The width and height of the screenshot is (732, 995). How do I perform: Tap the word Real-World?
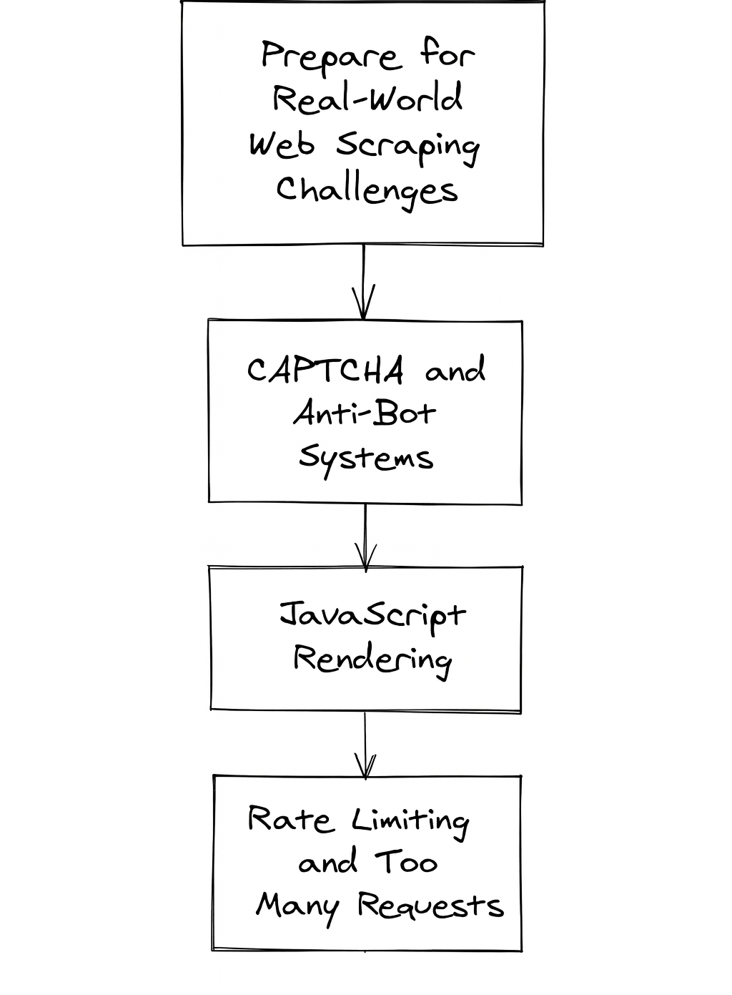(x=367, y=99)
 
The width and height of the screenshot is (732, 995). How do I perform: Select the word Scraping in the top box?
(x=407, y=146)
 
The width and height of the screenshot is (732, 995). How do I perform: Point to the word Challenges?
(x=367, y=190)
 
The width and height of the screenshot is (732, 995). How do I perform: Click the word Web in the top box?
(x=282, y=144)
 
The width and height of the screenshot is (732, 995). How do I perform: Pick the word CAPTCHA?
(x=325, y=371)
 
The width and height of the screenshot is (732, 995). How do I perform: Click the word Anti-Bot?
(x=364, y=413)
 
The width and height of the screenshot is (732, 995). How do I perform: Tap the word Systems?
(x=365, y=457)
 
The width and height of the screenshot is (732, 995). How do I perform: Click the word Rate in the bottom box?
(x=290, y=819)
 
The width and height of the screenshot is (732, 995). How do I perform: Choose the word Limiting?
(x=410, y=821)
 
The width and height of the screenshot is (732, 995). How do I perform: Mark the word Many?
(x=297, y=907)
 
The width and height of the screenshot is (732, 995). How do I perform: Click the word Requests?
(x=430, y=906)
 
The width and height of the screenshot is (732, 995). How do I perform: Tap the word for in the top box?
(x=447, y=54)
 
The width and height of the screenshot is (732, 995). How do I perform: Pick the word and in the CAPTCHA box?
(x=455, y=371)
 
